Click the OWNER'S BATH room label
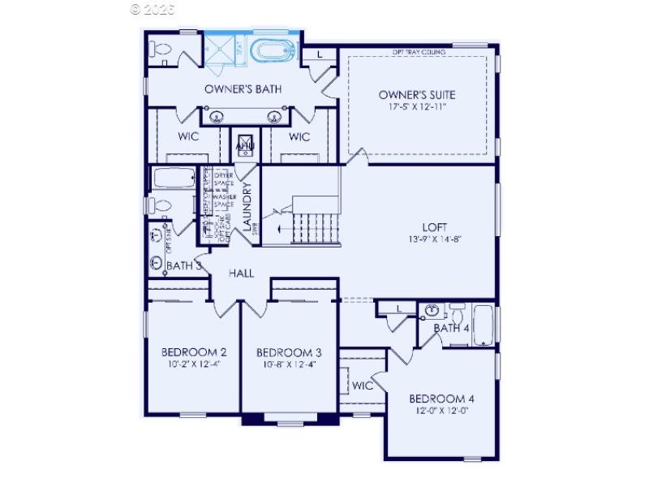pos(243,88)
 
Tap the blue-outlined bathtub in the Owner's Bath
pos(275,51)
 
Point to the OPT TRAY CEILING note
pos(419,52)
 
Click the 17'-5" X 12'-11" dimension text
pos(412,106)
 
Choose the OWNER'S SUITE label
pos(412,94)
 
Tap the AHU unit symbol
pos(244,146)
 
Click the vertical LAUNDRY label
pos(247,205)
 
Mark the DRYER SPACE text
pos(226,179)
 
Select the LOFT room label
pos(435,227)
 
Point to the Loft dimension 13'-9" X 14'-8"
pos(435,239)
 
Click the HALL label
pos(241,274)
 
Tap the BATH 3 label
pos(184,265)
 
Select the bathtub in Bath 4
pos(484,325)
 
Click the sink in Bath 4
pos(432,310)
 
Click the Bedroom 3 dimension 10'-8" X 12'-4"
pos(289,364)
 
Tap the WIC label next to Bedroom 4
pos(363,386)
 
